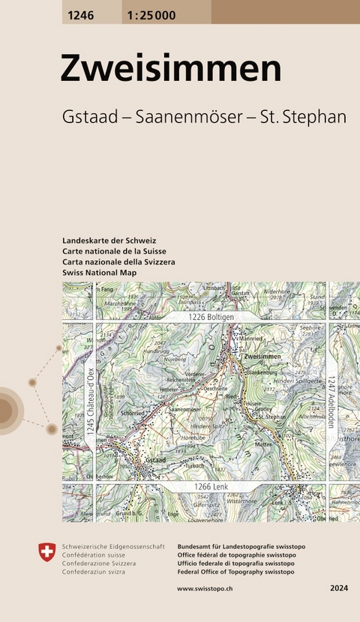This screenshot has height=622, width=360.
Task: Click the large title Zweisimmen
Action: point(171,69)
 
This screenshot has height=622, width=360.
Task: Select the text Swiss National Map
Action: point(101,274)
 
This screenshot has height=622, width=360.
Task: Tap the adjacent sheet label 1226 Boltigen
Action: point(212,318)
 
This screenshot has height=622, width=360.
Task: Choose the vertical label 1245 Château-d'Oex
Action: point(90,401)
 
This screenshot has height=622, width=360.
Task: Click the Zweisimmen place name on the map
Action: point(262,357)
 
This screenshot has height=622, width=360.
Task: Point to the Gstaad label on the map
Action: point(156,459)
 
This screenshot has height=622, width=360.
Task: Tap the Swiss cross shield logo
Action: point(47,553)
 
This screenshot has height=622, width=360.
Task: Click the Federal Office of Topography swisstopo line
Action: point(235,572)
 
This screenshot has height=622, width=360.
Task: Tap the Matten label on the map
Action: point(264,444)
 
